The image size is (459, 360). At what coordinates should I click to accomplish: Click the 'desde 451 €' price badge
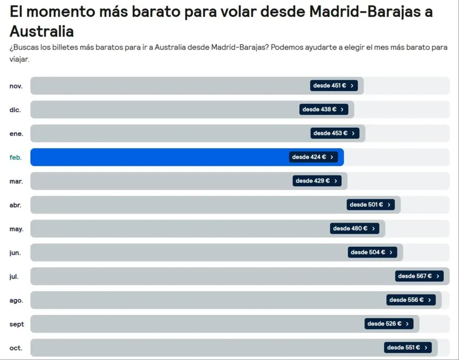333,86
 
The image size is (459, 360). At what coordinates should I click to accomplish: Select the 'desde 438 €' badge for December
324,109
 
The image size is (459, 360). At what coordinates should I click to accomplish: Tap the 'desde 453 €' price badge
334,133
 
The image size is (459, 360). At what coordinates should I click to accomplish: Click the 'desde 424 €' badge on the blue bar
313,157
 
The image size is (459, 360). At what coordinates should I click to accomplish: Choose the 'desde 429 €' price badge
316,181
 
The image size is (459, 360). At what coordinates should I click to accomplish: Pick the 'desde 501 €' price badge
370,205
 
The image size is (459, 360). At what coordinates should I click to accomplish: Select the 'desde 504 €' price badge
372,252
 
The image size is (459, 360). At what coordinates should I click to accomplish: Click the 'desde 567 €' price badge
419,276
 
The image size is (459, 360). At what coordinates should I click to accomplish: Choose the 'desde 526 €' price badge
389,323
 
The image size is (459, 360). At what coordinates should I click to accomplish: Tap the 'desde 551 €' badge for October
407,347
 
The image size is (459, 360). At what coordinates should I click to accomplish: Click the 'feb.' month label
16,158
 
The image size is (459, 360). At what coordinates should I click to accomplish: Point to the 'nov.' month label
16,86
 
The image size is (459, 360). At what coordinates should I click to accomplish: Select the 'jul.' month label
14,277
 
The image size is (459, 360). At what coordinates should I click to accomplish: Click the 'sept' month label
17,324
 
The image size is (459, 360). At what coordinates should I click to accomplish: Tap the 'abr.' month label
16,205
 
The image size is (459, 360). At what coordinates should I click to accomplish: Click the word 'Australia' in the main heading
42,31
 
